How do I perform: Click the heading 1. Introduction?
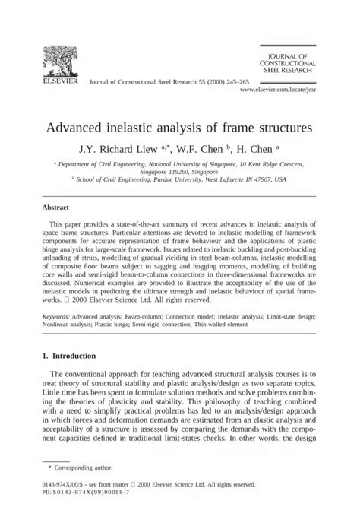[x=69, y=355]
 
